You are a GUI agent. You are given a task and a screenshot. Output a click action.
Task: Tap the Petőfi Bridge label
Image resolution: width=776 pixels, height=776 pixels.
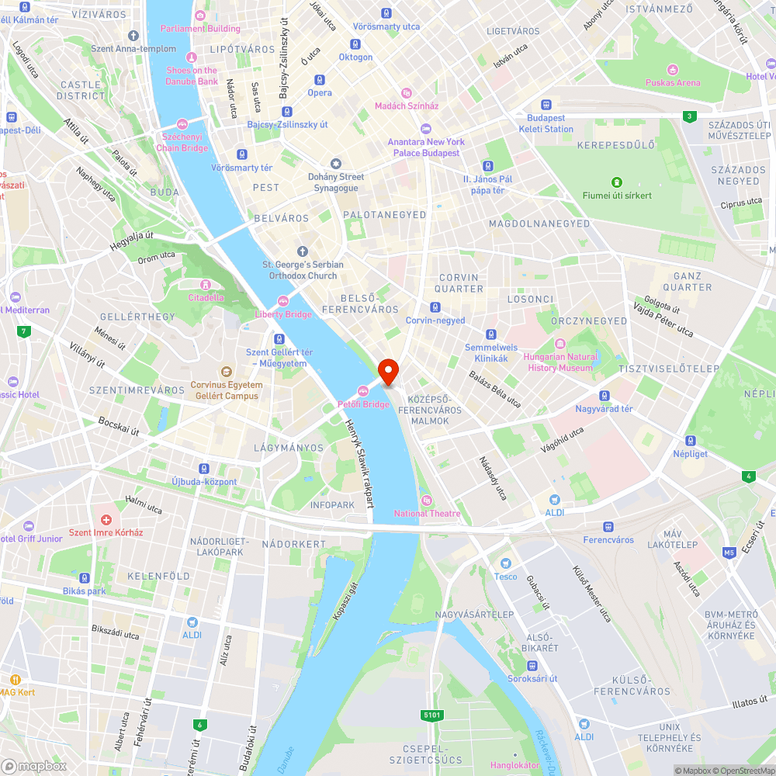(x=364, y=404)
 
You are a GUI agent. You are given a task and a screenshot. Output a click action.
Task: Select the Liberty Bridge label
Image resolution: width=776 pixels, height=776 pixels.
(x=283, y=314)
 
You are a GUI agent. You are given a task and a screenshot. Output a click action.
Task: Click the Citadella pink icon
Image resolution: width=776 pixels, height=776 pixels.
(x=206, y=285)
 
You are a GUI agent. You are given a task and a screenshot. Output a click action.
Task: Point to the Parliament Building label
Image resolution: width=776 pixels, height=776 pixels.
(x=200, y=29)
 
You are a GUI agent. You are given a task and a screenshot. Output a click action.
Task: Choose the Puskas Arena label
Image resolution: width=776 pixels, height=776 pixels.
(x=673, y=82)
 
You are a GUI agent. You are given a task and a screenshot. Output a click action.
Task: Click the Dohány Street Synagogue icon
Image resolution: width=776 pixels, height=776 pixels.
(x=336, y=164)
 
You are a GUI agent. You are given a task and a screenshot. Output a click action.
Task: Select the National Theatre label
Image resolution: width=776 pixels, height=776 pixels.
(x=427, y=513)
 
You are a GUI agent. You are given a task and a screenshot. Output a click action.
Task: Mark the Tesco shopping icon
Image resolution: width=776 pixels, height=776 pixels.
(x=506, y=563)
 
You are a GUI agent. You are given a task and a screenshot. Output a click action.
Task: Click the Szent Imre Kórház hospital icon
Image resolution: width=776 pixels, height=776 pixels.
(x=106, y=518)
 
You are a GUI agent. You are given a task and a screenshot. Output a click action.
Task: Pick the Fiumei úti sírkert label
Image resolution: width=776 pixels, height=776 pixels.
(x=617, y=196)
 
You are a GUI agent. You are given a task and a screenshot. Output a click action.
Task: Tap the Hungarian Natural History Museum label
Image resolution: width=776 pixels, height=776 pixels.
(x=561, y=362)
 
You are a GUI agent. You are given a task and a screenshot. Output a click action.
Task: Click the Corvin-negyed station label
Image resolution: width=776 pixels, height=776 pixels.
(x=435, y=320)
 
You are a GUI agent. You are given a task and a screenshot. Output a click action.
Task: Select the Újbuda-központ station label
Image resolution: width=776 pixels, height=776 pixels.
(x=204, y=481)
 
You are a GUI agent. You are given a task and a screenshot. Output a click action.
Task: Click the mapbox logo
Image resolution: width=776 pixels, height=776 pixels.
(x=34, y=766)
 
